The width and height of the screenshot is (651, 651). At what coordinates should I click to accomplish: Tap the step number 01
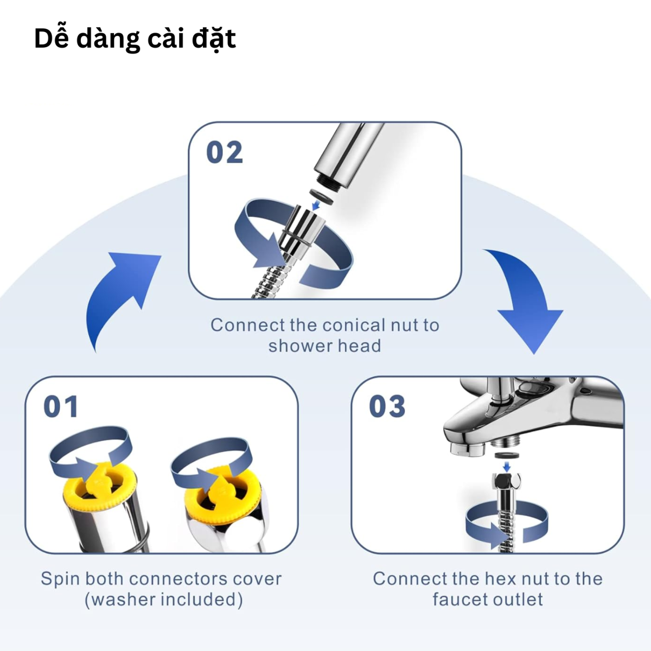(61, 407)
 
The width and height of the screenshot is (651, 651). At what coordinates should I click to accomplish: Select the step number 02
(224, 152)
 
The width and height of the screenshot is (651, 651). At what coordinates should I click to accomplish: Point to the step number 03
(387, 407)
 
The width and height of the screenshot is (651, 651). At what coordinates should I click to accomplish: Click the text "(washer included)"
(163, 599)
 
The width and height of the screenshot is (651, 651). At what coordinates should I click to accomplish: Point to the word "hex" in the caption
(499, 579)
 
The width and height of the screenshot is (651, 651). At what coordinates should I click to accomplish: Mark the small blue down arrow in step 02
(316, 205)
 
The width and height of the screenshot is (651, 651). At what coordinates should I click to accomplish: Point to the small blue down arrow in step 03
(506, 467)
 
